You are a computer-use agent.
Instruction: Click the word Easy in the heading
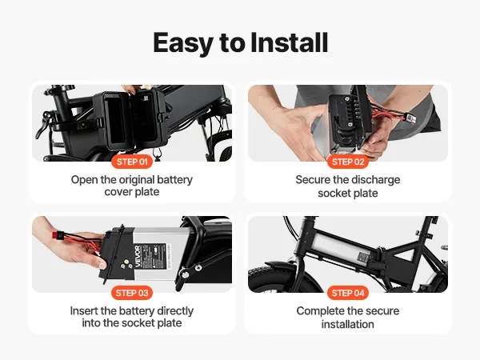(x=182, y=43)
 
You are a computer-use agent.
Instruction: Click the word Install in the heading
(x=290, y=42)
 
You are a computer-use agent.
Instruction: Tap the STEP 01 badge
(x=132, y=162)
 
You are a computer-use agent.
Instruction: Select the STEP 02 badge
(x=348, y=162)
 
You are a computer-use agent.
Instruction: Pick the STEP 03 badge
(x=132, y=293)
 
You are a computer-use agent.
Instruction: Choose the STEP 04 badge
(x=348, y=293)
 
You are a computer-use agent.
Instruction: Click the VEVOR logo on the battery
(x=138, y=256)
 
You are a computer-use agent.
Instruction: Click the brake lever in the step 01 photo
(x=43, y=125)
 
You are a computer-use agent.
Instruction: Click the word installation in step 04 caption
(x=348, y=324)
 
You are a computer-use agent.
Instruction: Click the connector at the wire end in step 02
(x=411, y=118)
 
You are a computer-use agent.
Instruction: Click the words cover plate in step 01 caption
(x=132, y=192)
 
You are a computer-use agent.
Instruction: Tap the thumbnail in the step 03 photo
(x=102, y=265)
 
